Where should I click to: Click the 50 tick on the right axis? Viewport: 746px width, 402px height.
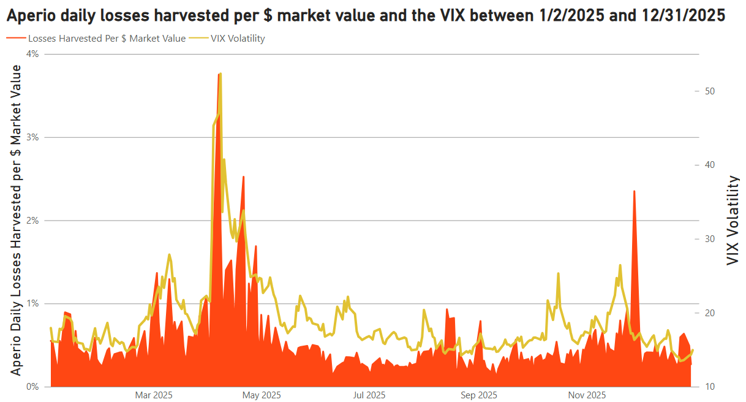710,91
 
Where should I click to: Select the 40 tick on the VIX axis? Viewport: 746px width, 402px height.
710,165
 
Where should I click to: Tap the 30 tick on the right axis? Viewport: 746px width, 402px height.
710,239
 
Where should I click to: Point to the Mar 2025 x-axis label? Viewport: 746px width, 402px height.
153,395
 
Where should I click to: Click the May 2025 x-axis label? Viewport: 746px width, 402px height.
262,395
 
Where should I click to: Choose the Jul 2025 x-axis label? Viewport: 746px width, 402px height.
369,395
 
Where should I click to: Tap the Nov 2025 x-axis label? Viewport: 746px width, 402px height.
587,395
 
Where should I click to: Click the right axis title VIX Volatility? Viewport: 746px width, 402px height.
733,221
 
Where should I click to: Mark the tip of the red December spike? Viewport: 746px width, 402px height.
634,191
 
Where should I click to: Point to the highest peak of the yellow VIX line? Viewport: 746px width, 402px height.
220,74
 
